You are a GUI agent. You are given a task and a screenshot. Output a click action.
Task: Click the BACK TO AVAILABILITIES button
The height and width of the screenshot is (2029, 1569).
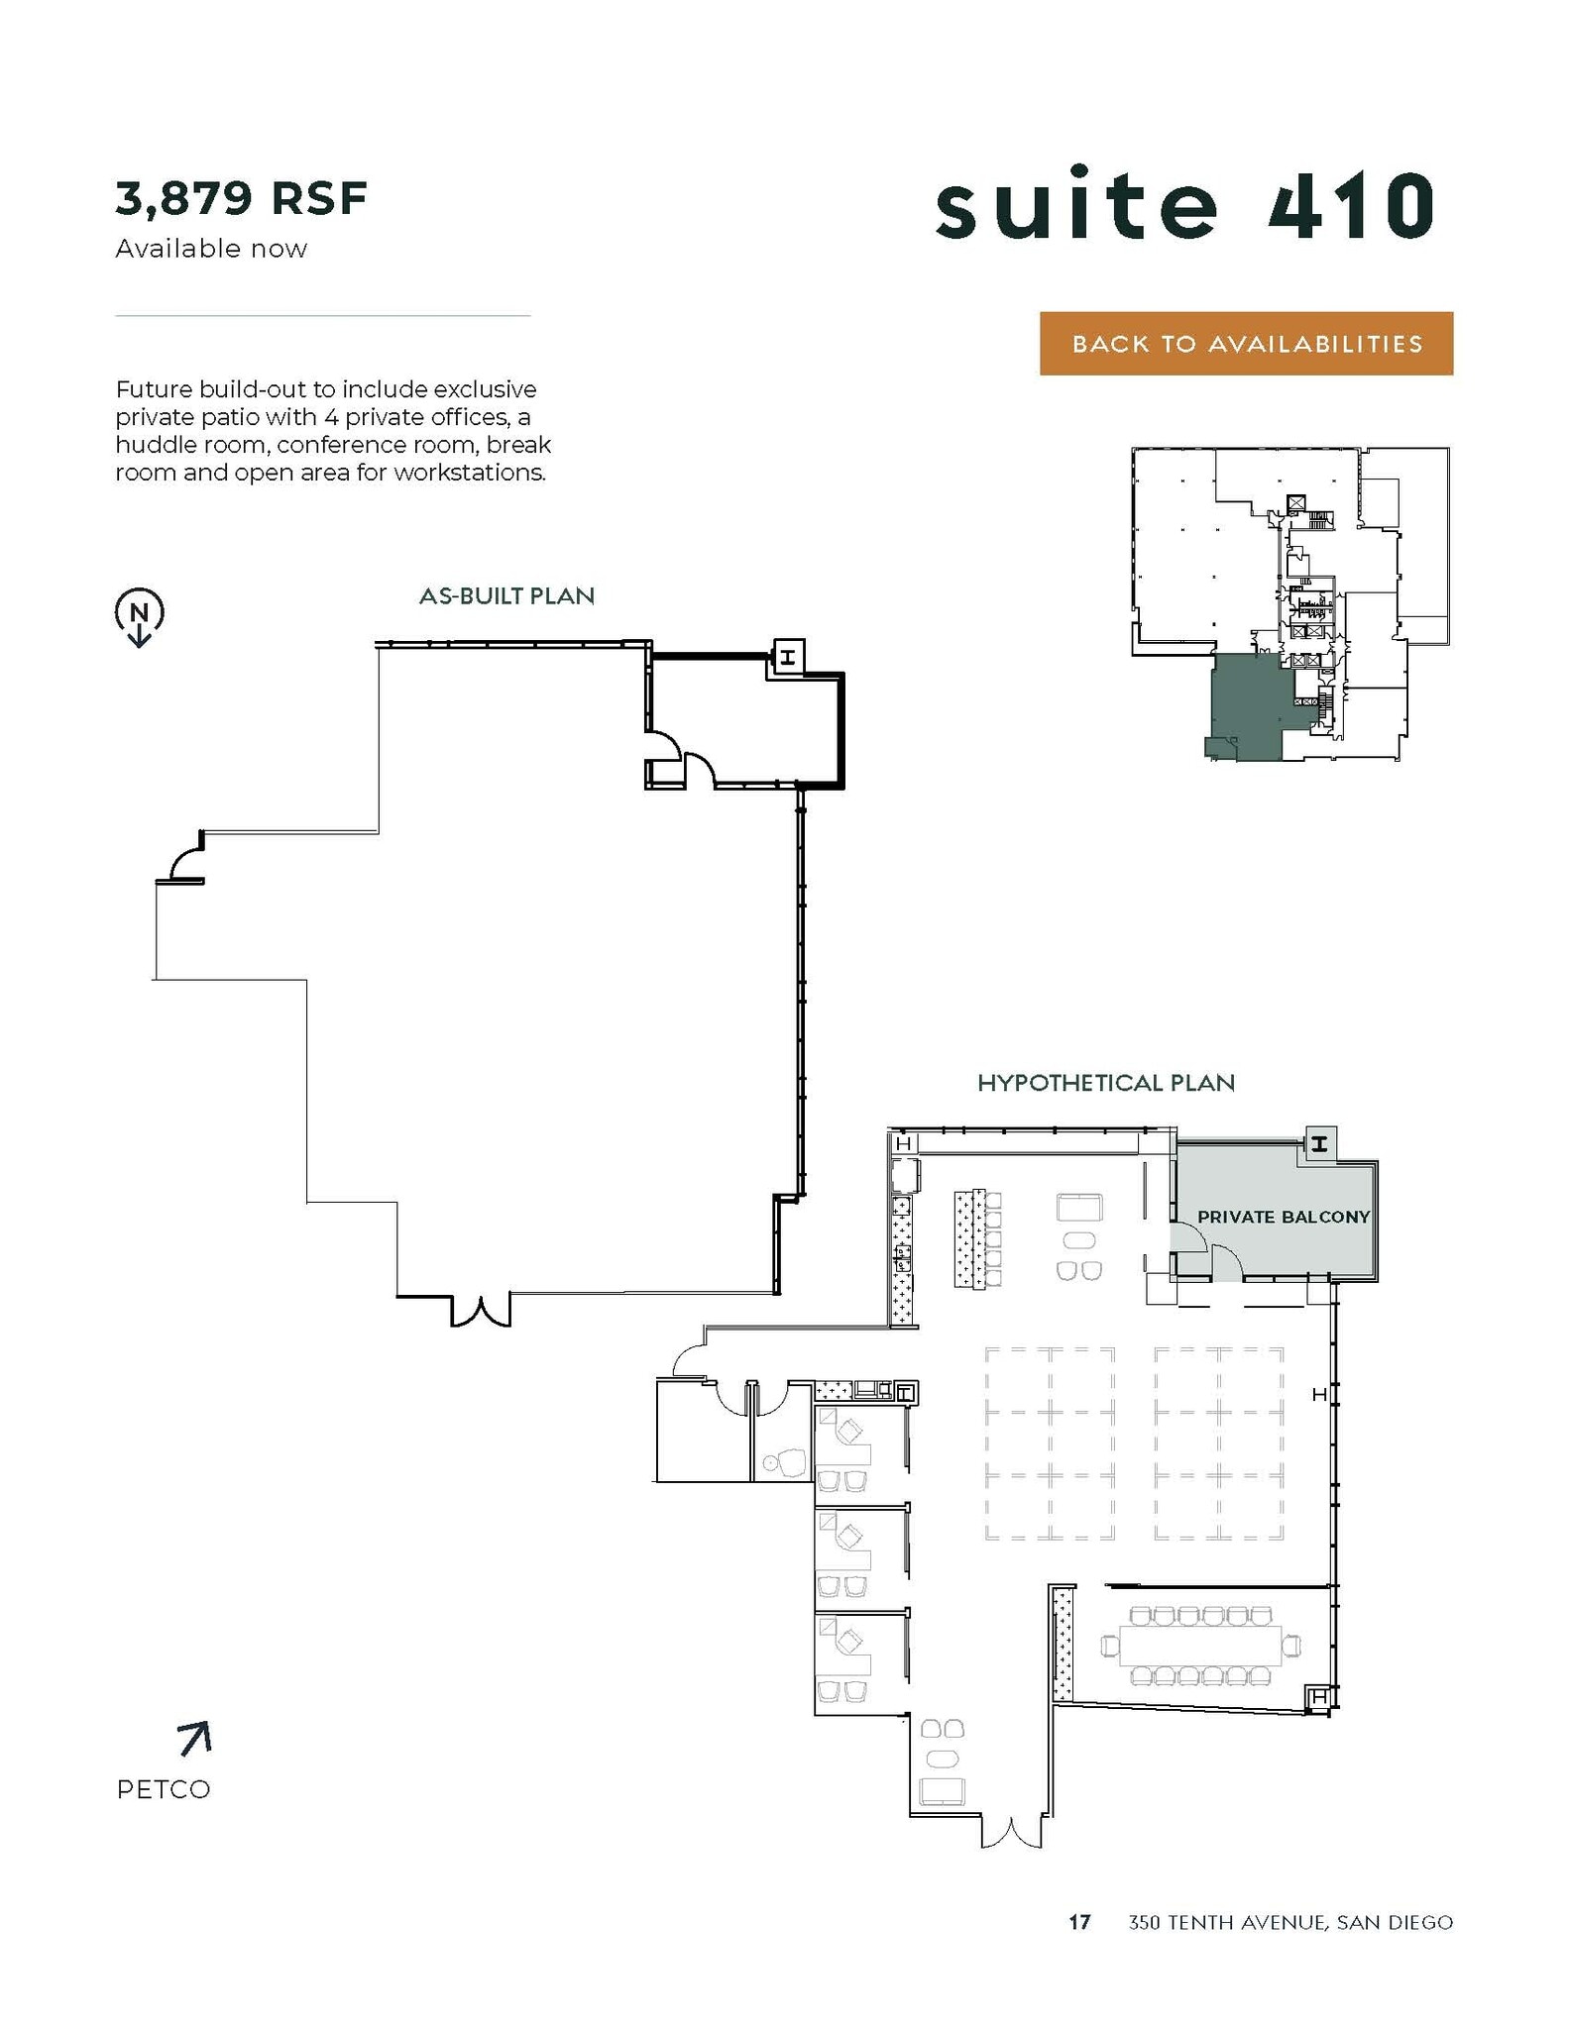point(1246,344)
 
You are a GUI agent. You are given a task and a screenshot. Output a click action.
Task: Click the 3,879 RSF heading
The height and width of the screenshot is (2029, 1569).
point(241,198)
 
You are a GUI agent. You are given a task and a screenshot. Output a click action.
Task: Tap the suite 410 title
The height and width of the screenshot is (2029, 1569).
point(1184,205)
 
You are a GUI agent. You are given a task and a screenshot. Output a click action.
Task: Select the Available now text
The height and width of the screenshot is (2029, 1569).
point(211,249)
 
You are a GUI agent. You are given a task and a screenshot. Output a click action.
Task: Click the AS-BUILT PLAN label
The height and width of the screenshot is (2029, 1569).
point(506,596)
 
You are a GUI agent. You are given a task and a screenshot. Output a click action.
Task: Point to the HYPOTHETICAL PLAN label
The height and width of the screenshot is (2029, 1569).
point(1106,1083)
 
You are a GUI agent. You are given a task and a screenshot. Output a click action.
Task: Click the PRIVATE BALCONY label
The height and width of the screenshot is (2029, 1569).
point(1283,1217)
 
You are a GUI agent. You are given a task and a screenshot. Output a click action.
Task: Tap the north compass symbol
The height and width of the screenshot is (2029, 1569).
point(140,615)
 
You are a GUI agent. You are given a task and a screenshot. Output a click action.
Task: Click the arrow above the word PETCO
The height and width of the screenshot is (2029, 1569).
point(194,1739)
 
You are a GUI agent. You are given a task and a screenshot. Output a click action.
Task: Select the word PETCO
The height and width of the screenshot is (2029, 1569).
point(164,1790)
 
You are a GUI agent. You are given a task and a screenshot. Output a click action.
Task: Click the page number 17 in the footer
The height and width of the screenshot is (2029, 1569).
point(1079,1923)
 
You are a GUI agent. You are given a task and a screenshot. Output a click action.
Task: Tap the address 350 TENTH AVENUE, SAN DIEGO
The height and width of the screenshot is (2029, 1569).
point(1290,1923)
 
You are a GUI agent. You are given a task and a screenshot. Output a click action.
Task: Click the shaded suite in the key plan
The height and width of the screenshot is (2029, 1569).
point(1250,706)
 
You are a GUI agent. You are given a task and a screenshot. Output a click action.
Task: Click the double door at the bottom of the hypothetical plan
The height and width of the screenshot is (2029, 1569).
point(1011,1833)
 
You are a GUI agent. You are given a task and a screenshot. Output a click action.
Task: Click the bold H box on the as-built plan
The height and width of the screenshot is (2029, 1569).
point(788,656)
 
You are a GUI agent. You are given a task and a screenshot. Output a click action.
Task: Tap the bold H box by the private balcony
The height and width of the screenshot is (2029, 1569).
point(1319,1143)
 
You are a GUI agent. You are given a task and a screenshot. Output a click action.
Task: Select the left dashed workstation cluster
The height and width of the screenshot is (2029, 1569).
point(1050,1443)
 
